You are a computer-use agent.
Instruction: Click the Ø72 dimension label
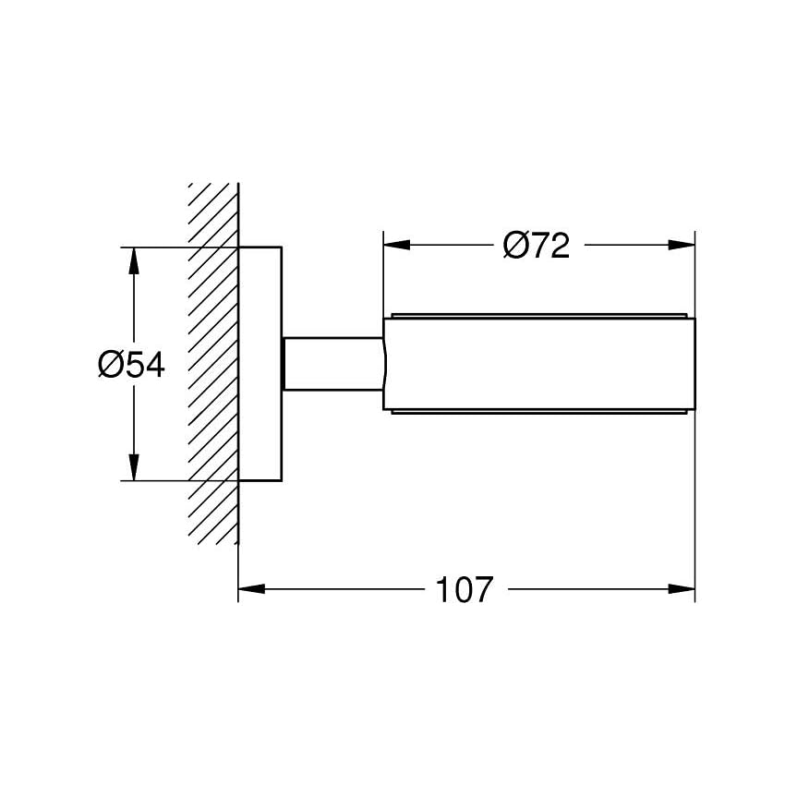pos(537,246)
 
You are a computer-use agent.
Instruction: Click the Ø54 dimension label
pos(131,366)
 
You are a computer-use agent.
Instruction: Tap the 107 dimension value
pos(465,589)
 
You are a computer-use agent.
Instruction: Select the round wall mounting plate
pos(260,364)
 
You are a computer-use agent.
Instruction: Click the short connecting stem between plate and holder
pos(332,364)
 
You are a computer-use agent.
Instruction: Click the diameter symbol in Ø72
pos(515,246)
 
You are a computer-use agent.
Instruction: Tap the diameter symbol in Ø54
pos(110,366)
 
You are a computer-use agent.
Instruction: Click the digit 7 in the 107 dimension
pos(483,589)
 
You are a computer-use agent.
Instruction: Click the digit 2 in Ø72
pos(559,246)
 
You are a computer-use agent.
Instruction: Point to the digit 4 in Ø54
pos(153,366)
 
